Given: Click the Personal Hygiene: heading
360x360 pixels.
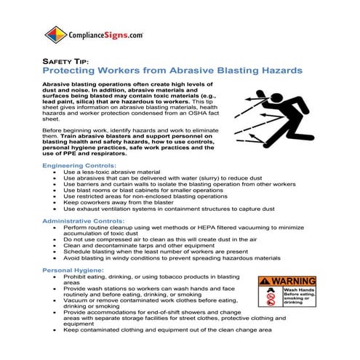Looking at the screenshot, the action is tap(70, 269).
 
